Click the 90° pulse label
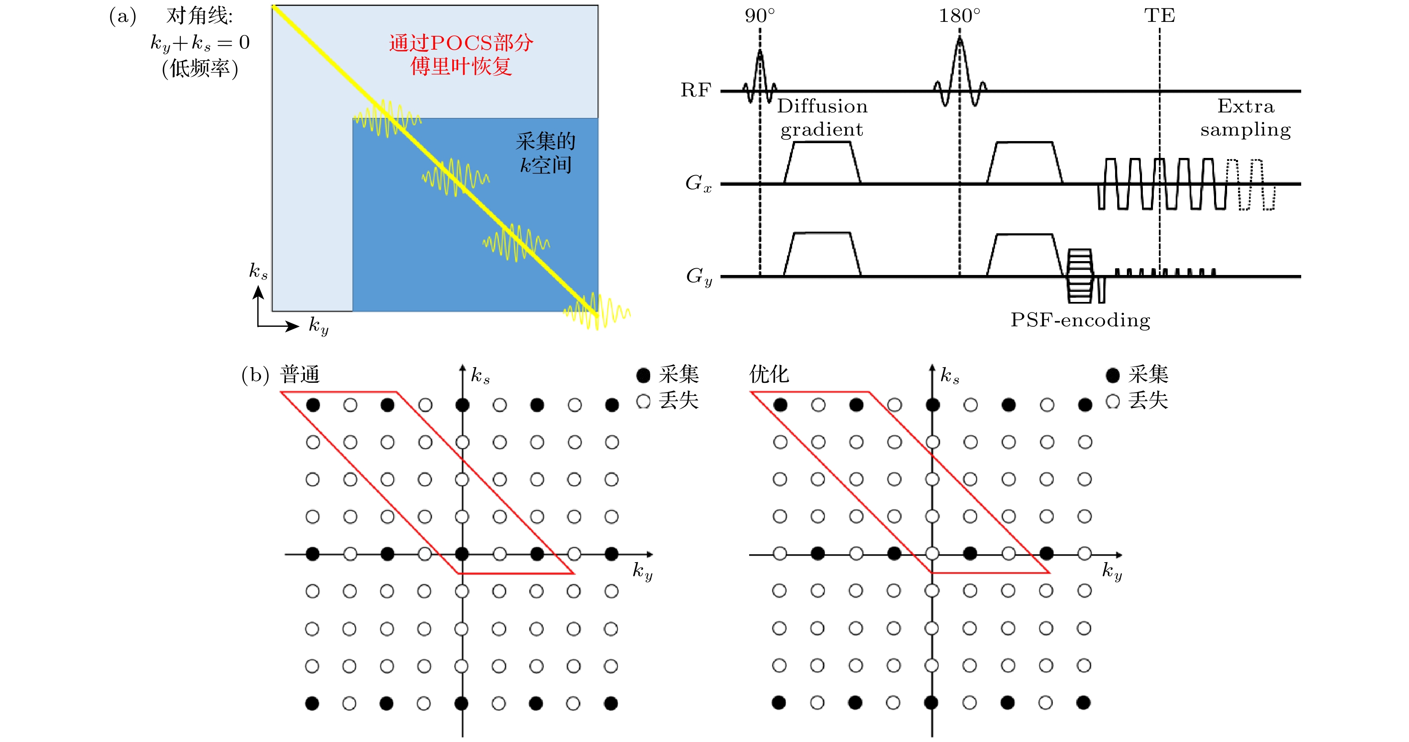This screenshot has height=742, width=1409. click(x=760, y=15)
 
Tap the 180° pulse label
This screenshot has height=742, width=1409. click(x=959, y=15)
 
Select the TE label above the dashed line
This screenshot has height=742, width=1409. click(x=1160, y=15)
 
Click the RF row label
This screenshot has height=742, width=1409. click(x=696, y=90)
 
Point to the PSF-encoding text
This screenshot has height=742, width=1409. click(x=1080, y=320)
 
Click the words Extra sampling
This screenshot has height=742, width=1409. click(x=1246, y=117)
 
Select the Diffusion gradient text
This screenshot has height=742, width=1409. click(x=822, y=117)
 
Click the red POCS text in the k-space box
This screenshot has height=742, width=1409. click(x=461, y=54)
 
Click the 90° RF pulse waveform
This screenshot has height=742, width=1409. click(x=760, y=77)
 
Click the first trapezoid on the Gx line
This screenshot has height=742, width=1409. click(x=822, y=163)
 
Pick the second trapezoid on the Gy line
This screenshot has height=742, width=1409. click(x=1025, y=255)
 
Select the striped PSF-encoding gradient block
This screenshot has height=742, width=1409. click(x=1080, y=276)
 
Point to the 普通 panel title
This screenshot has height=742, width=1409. click(x=300, y=374)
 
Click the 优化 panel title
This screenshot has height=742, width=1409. click(x=769, y=374)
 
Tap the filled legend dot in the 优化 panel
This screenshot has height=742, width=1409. click(x=1113, y=375)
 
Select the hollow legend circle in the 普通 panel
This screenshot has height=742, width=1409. click(x=643, y=401)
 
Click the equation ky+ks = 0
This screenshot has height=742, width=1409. click(x=200, y=43)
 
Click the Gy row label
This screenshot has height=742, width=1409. click(x=699, y=276)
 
